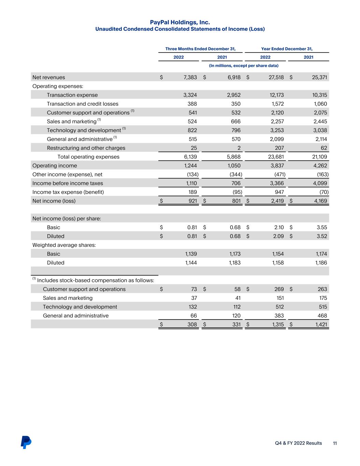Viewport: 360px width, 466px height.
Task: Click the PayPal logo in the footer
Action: pyautogui.click(x=26, y=442)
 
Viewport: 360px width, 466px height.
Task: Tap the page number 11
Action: pyautogui.click(x=335, y=443)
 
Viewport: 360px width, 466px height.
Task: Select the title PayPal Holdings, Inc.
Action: pyautogui.click(x=180, y=22)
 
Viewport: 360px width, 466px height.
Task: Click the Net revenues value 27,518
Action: pyautogui.click(x=276, y=77)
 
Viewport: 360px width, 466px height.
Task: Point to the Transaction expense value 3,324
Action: pyautogui.click(x=190, y=95)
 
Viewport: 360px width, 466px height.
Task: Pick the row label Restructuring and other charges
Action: pyautogui.click(x=86, y=148)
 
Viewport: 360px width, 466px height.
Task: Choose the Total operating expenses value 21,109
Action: pyautogui.click(x=319, y=157)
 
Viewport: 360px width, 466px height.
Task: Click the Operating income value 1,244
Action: pyautogui.click(x=190, y=166)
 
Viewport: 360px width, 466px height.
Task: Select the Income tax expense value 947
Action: pyautogui.click(x=279, y=192)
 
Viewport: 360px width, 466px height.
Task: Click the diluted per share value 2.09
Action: pyautogui.click(x=278, y=236)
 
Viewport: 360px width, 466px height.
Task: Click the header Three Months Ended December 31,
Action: pyautogui.click(x=200, y=49)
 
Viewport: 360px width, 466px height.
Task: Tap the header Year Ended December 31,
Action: pyautogui.click(x=287, y=49)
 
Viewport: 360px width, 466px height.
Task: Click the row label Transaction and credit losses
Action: pyautogui.click(x=83, y=104)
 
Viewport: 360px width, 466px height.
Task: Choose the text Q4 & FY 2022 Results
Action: pyautogui.click(x=298, y=443)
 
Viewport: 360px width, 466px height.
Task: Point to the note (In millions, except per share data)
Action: pyautogui.click(x=244, y=66)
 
